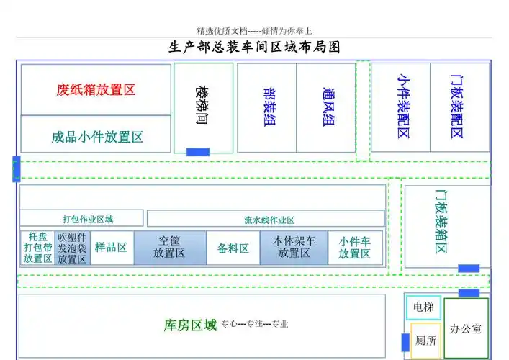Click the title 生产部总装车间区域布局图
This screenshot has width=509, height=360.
254,48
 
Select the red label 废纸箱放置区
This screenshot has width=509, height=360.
96,90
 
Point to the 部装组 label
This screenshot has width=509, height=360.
268,107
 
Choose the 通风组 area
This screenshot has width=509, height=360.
327,107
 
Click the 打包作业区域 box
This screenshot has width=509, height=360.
81,219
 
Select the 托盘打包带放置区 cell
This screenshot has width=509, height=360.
38,248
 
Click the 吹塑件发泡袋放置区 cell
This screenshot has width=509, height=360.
73,248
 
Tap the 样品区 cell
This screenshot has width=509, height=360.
111,248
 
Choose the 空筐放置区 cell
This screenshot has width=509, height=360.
170,248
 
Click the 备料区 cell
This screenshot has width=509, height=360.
233,248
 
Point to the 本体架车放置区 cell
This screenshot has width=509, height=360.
294,248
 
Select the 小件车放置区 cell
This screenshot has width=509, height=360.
355,248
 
